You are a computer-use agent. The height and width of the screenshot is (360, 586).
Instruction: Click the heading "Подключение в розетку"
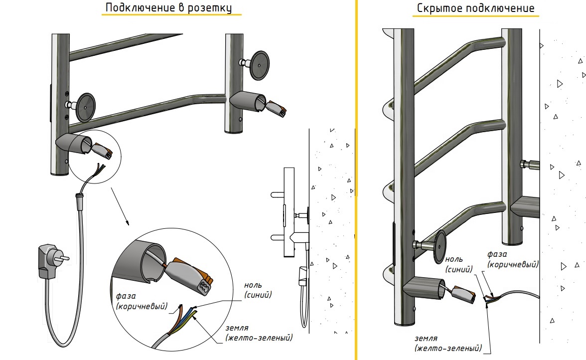[168, 8]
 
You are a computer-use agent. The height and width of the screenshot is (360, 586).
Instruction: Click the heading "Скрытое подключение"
[475, 8]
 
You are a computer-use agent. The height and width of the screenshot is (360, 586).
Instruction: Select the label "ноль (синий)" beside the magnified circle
[259, 290]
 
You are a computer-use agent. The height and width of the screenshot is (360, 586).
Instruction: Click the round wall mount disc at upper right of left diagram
[259, 65]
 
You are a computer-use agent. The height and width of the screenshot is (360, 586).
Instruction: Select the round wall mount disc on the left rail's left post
[85, 107]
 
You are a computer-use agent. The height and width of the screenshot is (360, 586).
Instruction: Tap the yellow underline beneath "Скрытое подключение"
[475, 16]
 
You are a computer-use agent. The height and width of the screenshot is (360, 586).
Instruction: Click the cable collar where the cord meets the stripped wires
[79, 198]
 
